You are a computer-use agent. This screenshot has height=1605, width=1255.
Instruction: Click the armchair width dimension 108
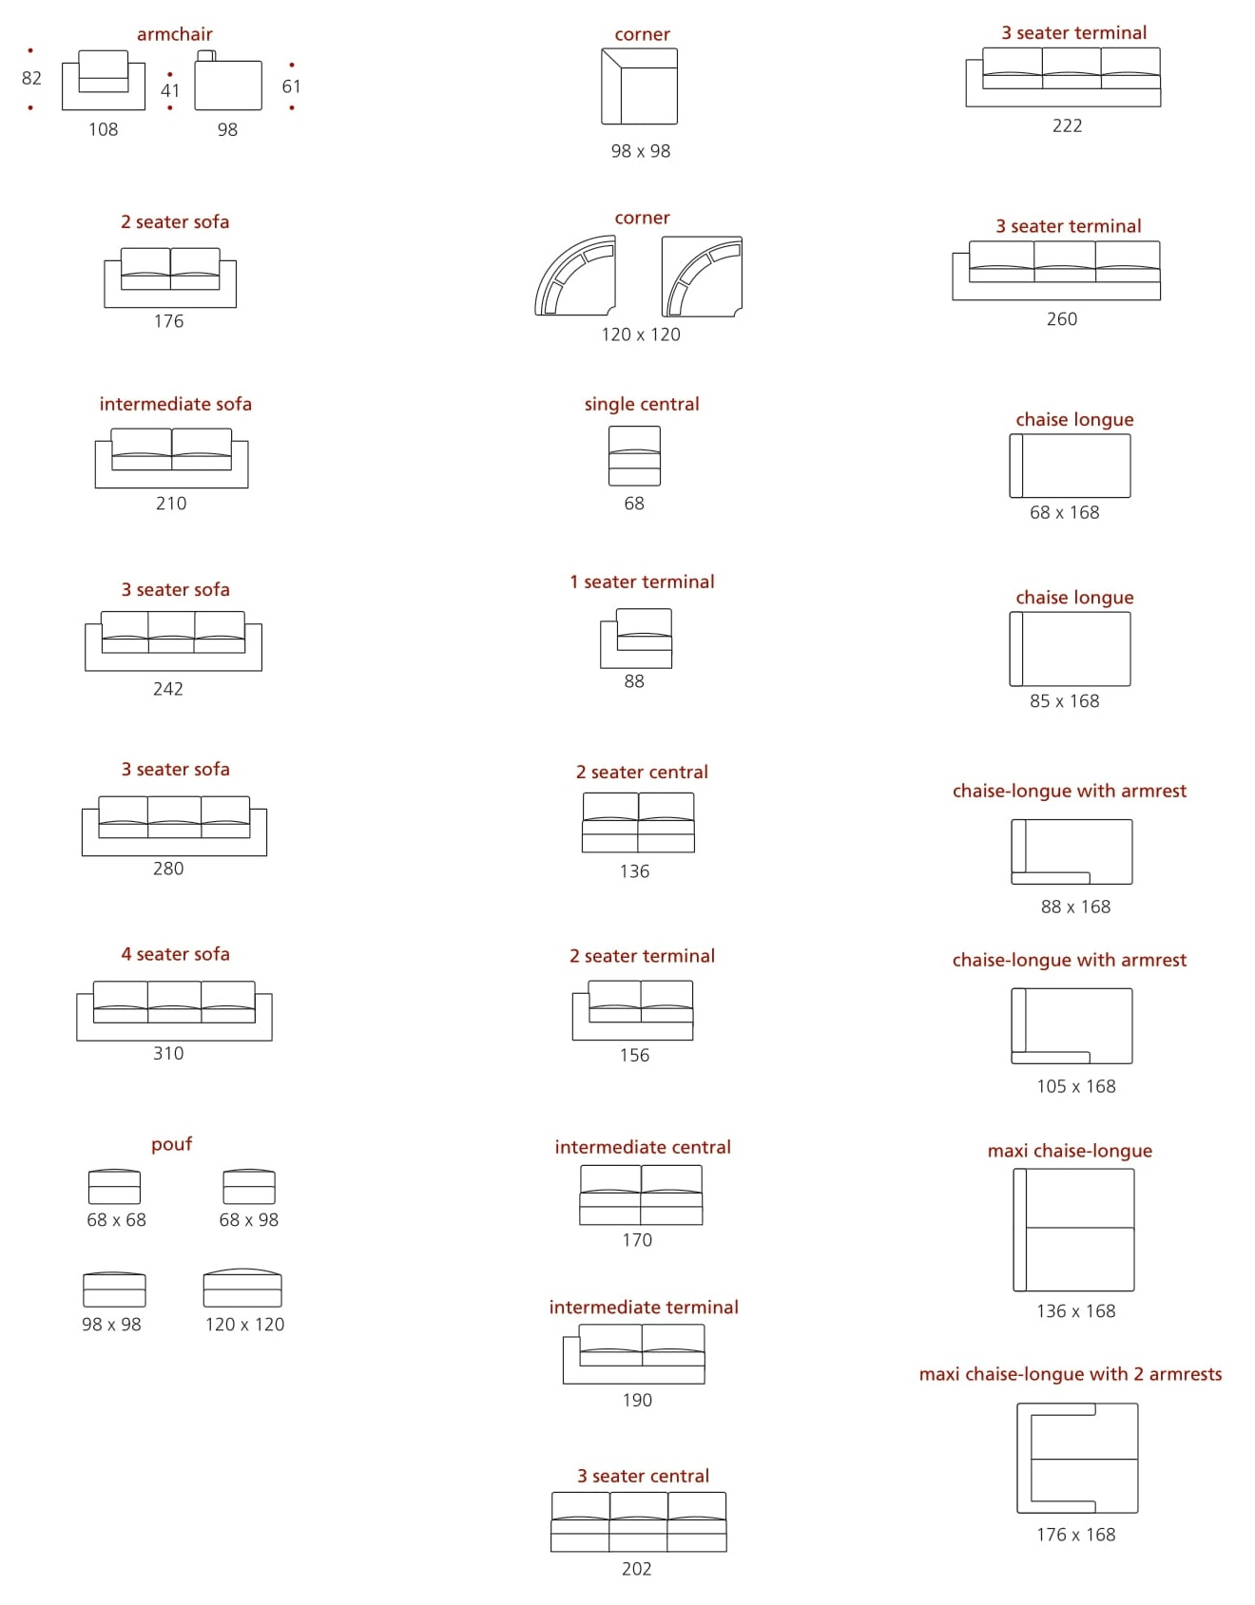(x=103, y=129)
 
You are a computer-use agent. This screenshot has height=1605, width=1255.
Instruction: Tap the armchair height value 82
(x=31, y=78)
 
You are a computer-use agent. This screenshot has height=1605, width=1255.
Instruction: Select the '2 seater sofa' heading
(x=175, y=221)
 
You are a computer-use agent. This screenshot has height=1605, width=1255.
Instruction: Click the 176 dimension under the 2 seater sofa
(x=168, y=321)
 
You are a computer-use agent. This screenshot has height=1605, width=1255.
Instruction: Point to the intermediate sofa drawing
(x=171, y=458)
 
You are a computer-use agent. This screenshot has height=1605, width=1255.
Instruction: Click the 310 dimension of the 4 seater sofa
(x=168, y=1053)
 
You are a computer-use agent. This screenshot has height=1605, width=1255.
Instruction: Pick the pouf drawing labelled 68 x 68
(x=114, y=1187)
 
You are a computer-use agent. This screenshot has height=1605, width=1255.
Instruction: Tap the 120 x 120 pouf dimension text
(x=244, y=1324)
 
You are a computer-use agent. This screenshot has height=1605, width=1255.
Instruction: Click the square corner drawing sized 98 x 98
(x=639, y=86)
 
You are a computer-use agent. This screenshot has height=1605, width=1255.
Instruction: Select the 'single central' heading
(x=642, y=404)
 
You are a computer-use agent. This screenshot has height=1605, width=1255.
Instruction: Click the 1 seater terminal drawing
(x=636, y=638)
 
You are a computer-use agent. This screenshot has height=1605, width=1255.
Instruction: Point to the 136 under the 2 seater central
(x=634, y=871)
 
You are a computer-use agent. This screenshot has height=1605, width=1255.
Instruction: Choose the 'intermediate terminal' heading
(x=644, y=1308)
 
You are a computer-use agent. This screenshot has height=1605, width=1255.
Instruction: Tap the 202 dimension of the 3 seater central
(x=637, y=1569)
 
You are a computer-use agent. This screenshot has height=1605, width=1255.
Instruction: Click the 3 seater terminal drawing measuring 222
(x=1063, y=77)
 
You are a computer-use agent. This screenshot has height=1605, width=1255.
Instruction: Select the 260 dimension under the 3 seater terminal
(x=1062, y=319)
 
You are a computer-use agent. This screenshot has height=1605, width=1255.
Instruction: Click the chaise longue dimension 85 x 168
(x=1065, y=701)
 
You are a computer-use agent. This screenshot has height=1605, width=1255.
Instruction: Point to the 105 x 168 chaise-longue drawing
(x=1072, y=1026)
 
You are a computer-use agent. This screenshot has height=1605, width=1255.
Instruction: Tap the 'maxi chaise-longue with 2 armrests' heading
(x=1071, y=1374)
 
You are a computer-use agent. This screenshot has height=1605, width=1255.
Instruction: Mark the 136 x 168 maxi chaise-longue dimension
(x=1076, y=1311)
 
